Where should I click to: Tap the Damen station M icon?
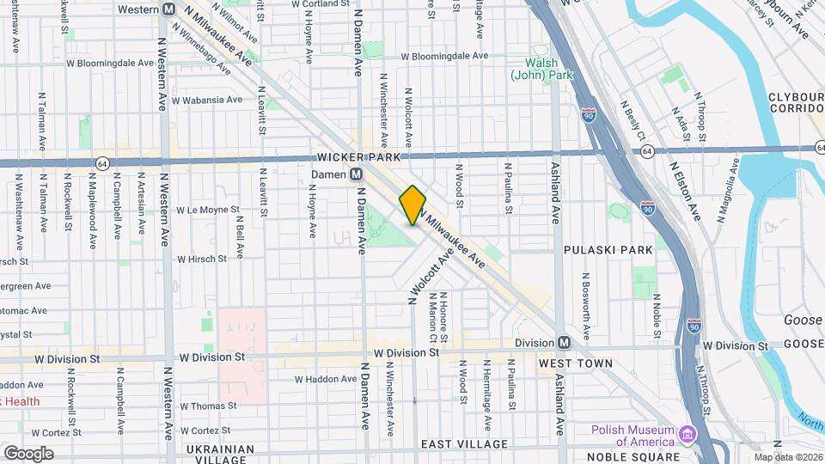(356, 174)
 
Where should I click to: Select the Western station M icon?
(169, 9)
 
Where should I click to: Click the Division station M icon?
(564, 342)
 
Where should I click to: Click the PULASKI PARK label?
(608, 249)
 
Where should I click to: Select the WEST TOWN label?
(576, 363)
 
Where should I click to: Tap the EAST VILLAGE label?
(466, 444)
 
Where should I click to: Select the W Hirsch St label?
(202, 258)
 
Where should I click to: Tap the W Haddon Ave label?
(325, 379)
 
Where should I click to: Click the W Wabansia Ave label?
(206, 100)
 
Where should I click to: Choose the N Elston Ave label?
(685, 190)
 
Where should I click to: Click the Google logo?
(28, 453)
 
